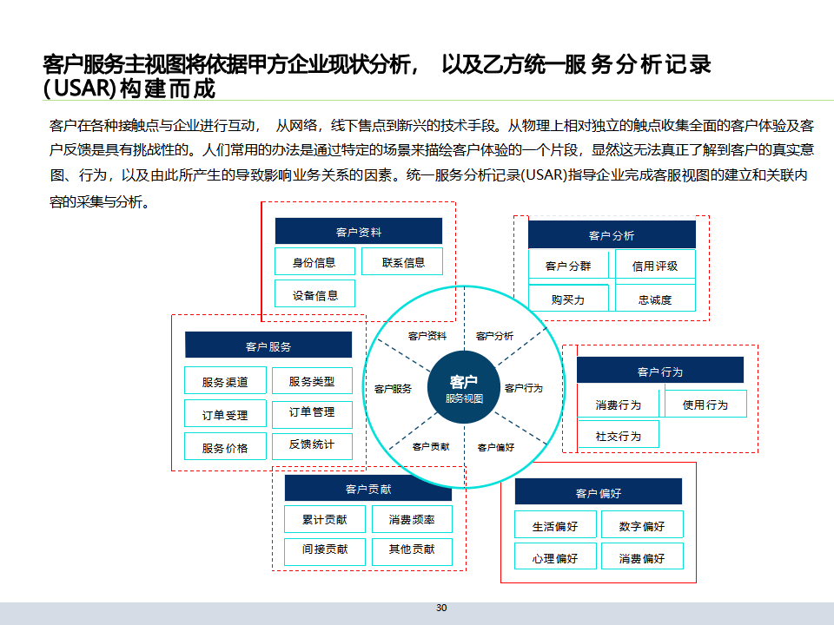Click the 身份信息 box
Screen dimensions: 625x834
(x=314, y=262)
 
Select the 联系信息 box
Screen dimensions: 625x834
(x=403, y=262)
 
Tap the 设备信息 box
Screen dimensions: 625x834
(x=315, y=294)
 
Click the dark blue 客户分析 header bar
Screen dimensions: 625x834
(x=612, y=235)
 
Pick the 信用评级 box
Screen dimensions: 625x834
(x=655, y=266)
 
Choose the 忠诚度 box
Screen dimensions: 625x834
(x=655, y=299)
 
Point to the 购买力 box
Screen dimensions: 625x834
(x=568, y=299)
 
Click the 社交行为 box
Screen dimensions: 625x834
(x=619, y=436)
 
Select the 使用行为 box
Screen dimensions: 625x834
(x=705, y=405)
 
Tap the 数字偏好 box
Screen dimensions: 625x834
(x=642, y=526)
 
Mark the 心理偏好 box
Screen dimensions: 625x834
(x=555, y=557)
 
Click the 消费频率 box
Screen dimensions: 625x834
(x=412, y=520)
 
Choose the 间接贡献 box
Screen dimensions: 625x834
(x=325, y=549)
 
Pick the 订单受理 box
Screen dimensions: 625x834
(x=225, y=415)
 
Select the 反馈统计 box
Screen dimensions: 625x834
(x=312, y=444)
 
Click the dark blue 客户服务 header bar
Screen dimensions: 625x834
(x=268, y=346)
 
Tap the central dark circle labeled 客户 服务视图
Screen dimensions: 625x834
(x=464, y=387)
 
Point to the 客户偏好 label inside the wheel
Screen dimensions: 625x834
(x=496, y=447)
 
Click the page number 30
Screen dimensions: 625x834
(x=441, y=608)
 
